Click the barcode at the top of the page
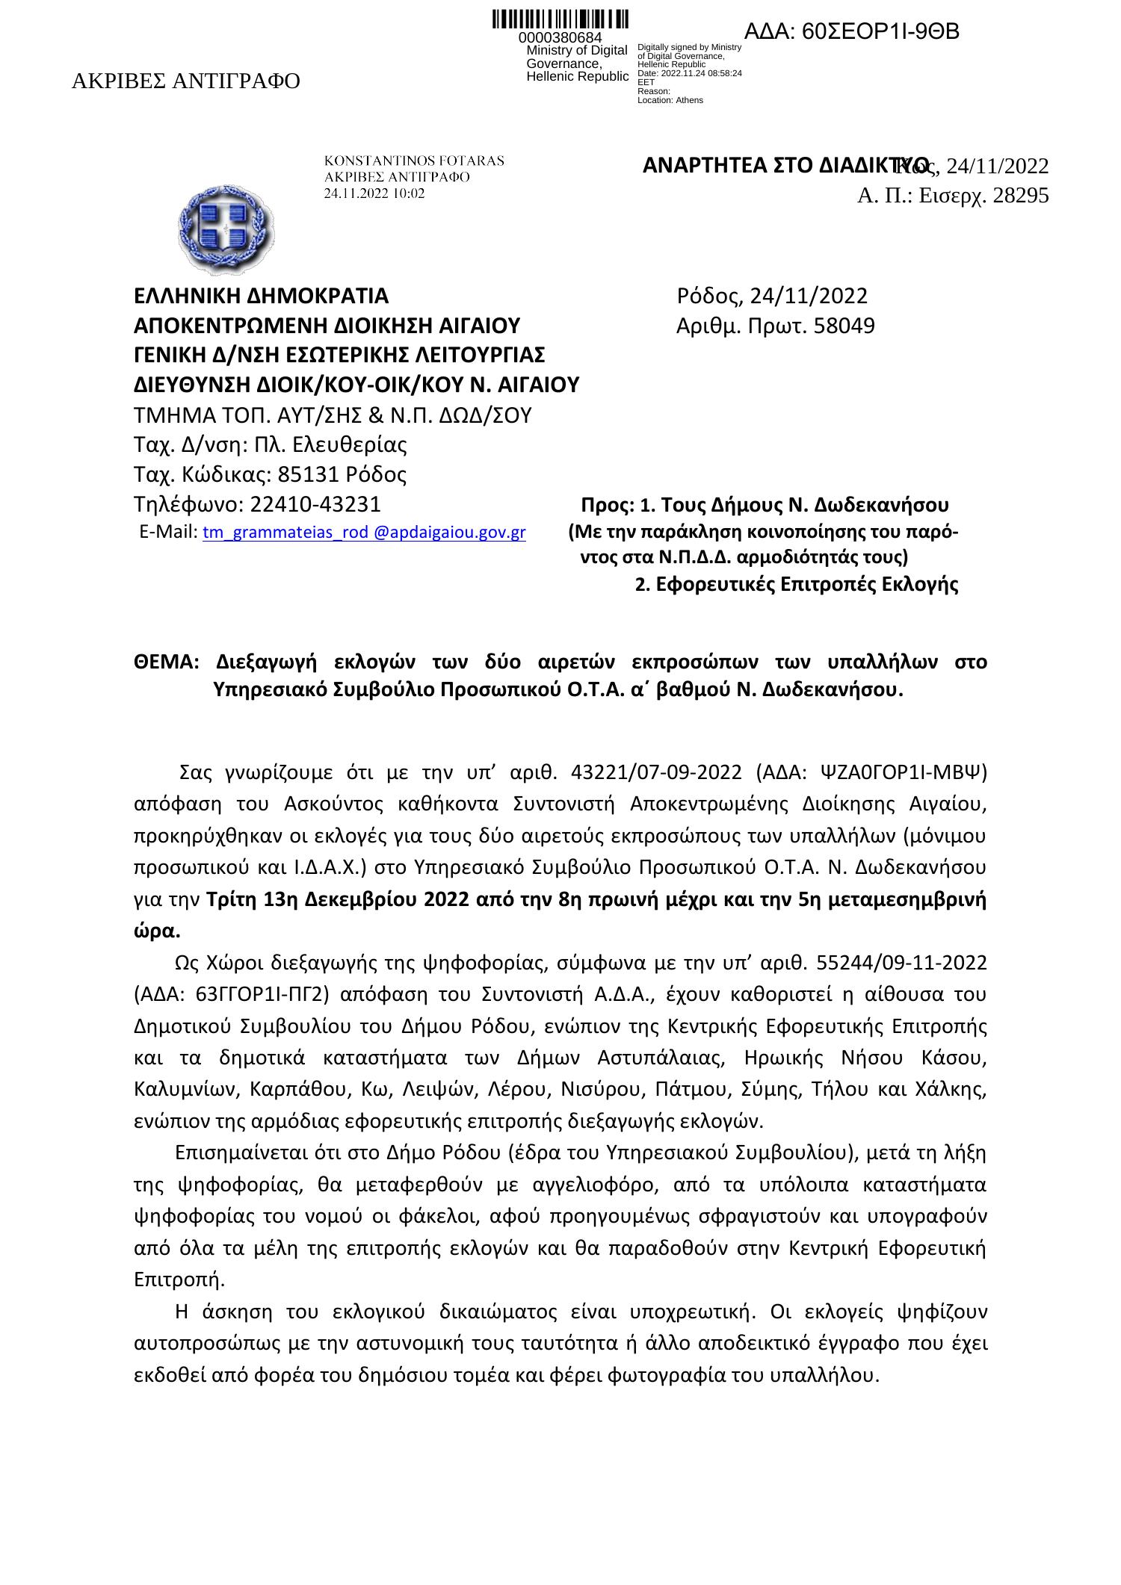point(560,20)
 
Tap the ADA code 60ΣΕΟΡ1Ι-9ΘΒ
point(852,32)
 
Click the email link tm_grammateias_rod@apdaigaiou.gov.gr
point(364,533)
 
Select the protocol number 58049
point(844,326)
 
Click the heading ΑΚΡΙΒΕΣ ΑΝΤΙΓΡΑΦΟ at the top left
point(185,81)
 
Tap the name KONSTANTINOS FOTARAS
point(413,161)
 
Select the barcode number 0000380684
point(560,38)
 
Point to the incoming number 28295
point(1020,196)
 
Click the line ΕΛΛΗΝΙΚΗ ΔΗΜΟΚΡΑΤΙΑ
point(261,297)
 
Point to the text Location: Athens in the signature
point(670,100)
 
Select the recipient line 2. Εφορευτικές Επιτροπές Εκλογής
point(796,585)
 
